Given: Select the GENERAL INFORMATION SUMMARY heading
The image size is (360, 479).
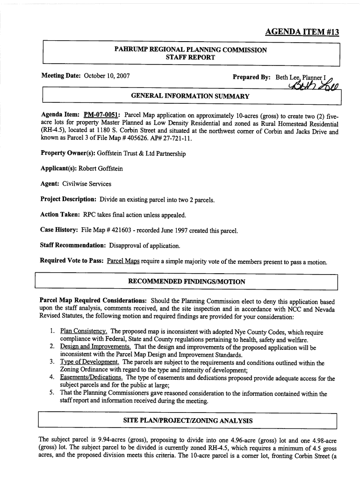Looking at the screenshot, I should [x=190, y=96].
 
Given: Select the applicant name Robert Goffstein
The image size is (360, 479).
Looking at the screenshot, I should [x=107, y=168].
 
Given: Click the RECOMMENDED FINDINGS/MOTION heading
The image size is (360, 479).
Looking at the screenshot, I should [x=187, y=282].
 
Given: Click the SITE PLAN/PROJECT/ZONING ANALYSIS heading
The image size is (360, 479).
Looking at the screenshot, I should [x=187, y=421].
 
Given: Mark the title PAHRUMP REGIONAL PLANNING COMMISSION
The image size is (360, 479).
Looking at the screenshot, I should [x=191, y=50].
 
